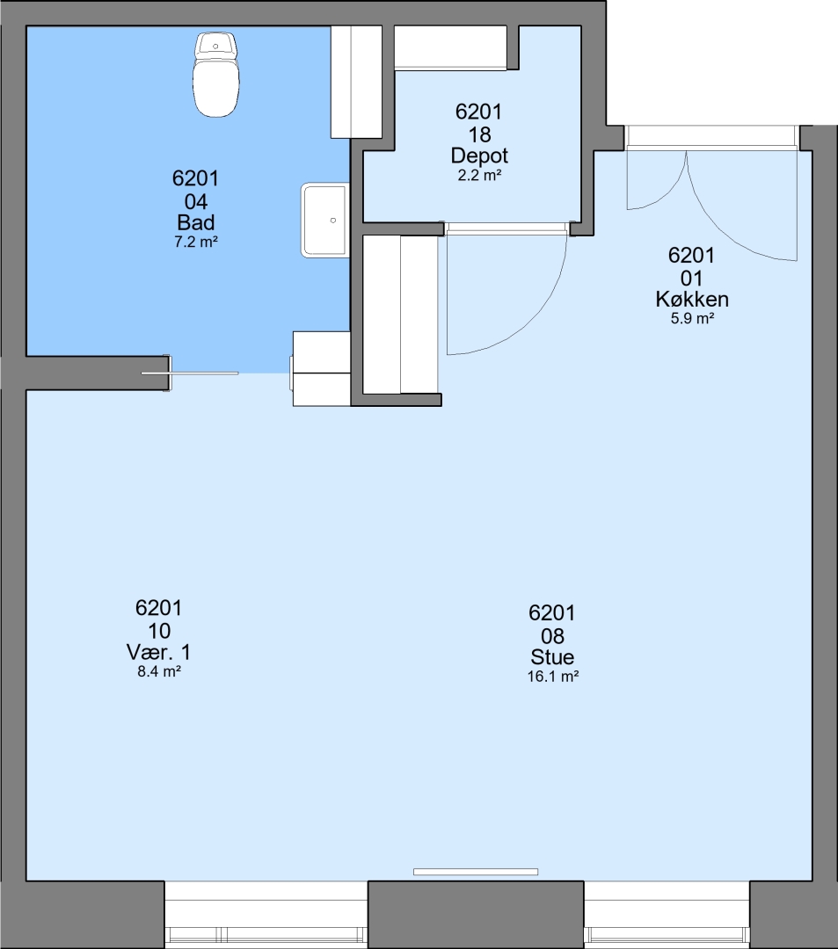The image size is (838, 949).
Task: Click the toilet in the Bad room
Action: pyautogui.click(x=215, y=75)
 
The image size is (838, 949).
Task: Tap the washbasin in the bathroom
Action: pyautogui.click(x=325, y=221)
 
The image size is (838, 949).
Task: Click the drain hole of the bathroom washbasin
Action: pyautogui.click(x=333, y=221)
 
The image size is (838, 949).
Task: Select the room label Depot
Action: pyautogui.click(x=479, y=156)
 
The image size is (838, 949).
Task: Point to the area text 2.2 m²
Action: pyautogui.click(x=479, y=176)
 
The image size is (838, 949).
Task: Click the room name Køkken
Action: pyautogui.click(x=692, y=299)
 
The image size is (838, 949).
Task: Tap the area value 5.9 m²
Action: pyautogui.click(x=692, y=318)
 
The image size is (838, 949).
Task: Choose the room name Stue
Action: pyautogui.click(x=552, y=656)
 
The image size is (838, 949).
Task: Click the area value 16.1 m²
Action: pyautogui.click(x=553, y=676)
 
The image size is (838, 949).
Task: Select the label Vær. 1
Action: pyautogui.click(x=158, y=652)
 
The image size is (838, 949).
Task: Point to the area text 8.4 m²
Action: pyautogui.click(x=159, y=671)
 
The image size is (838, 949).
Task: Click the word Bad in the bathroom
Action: pyautogui.click(x=195, y=222)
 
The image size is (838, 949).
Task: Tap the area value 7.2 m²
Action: pyautogui.click(x=195, y=243)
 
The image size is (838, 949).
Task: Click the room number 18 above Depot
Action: pyautogui.click(x=479, y=134)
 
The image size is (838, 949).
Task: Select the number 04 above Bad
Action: pyautogui.click(x=195, y=201)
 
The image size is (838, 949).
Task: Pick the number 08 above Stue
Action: pyautogui.click(x=552, y=636)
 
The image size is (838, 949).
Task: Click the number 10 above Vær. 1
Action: pyautogui.click(x=158, y=631)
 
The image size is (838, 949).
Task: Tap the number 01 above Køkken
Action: pyautogui.click(x=691, y=279)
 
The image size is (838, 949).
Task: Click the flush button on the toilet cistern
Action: pyautogui.click(x=215, y=46)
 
